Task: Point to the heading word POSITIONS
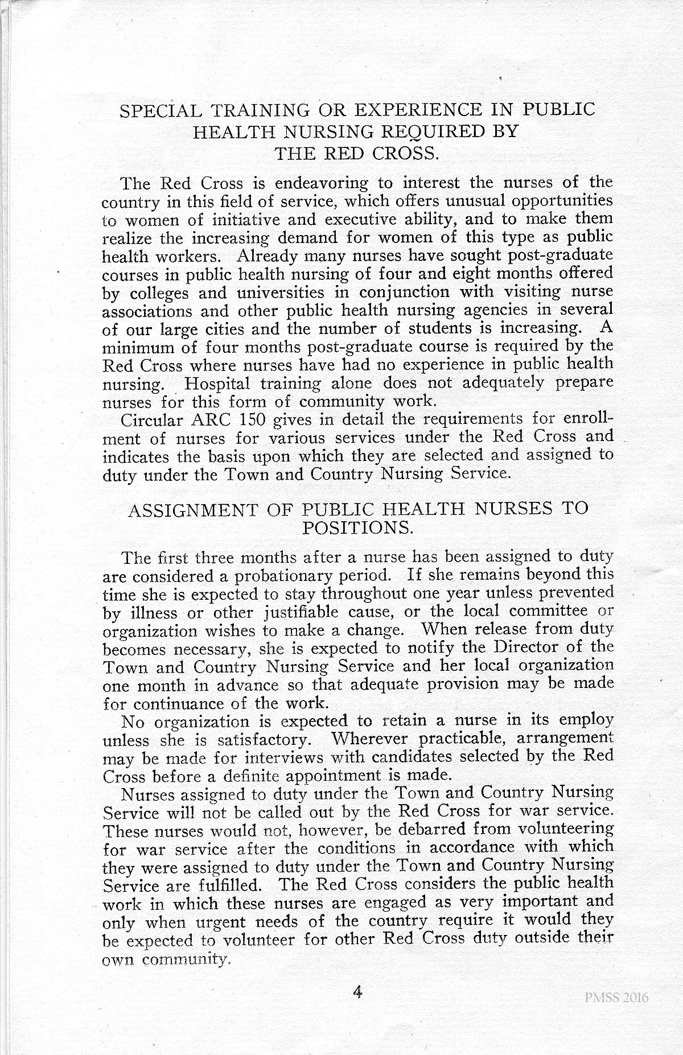tap(357, 528)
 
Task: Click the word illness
tap(150, 613)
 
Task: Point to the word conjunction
tap(404, 292)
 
